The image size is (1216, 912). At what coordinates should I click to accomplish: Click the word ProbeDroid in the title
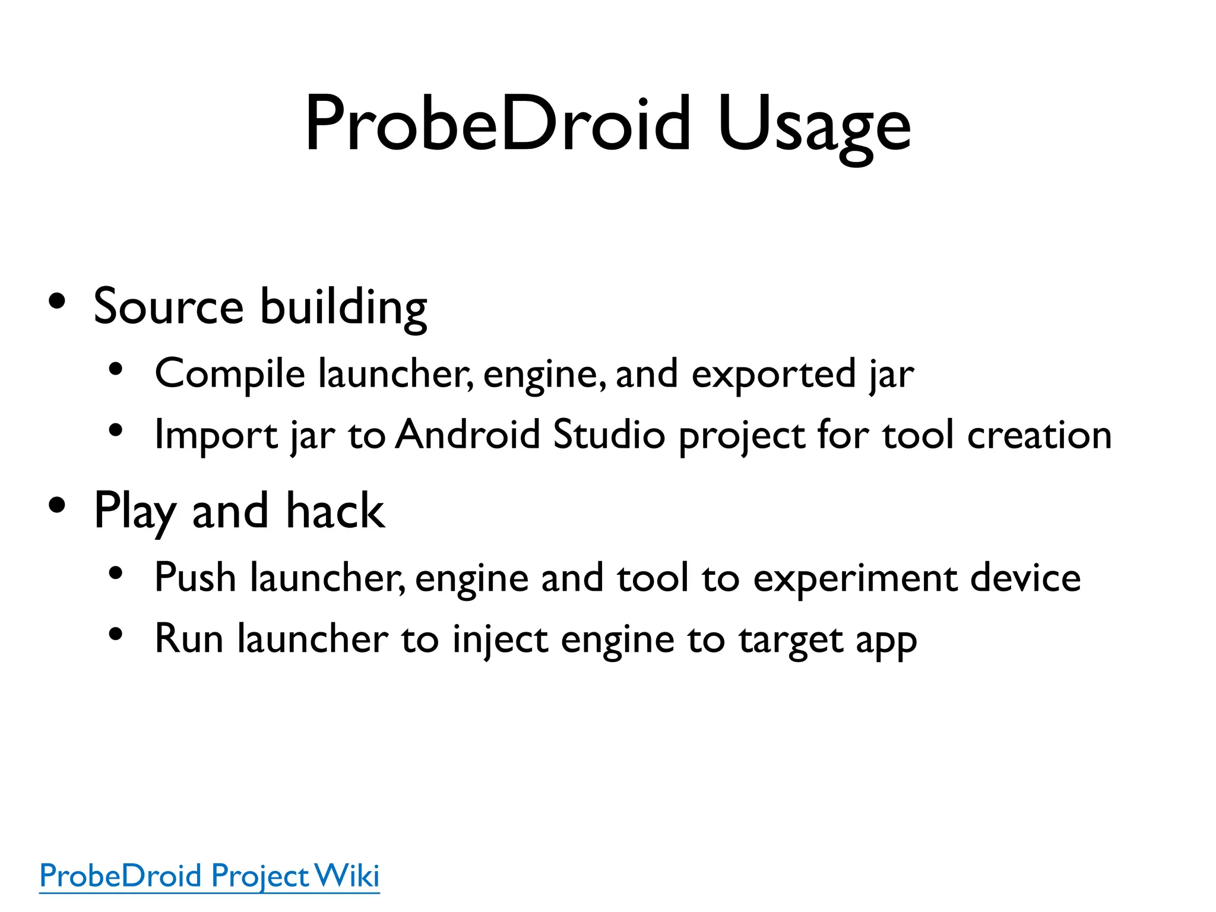point(498,124)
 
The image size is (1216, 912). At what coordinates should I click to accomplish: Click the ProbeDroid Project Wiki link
point(209,876)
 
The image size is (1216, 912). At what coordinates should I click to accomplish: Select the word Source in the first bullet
point(169,306)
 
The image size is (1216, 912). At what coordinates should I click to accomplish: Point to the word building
point(344,308)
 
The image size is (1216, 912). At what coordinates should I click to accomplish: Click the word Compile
point(230,374)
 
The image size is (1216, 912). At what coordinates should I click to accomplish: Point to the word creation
point(1039,435)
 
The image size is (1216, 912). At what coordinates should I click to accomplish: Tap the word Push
point(195,577)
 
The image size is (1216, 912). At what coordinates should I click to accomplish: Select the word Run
point(189,639)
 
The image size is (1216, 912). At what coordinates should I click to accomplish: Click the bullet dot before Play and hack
point(58,506)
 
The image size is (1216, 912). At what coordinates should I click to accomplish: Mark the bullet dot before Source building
point(58,302)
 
